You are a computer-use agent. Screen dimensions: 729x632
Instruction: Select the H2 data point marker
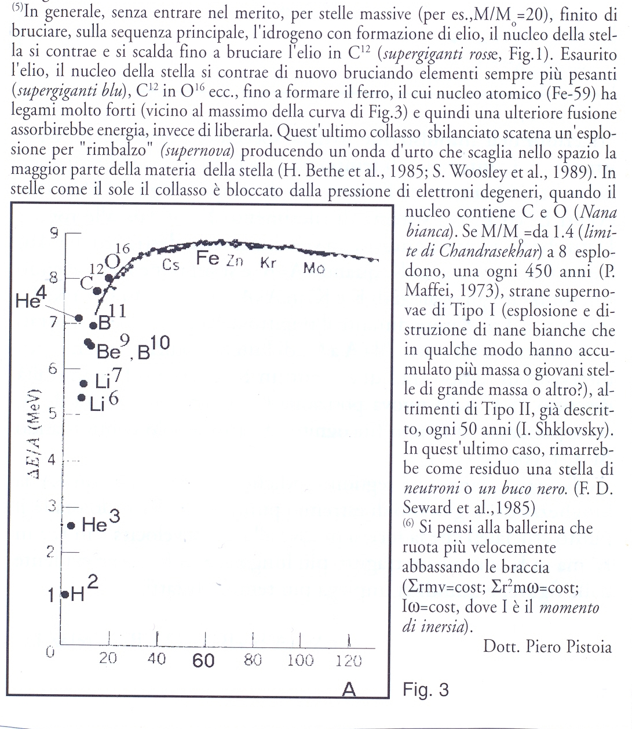(65, 594)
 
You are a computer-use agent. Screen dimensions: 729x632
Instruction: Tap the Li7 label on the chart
(109, 380)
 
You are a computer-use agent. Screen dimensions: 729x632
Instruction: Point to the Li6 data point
(82, 398)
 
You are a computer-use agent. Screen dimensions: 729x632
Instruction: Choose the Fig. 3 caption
(425, 690)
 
